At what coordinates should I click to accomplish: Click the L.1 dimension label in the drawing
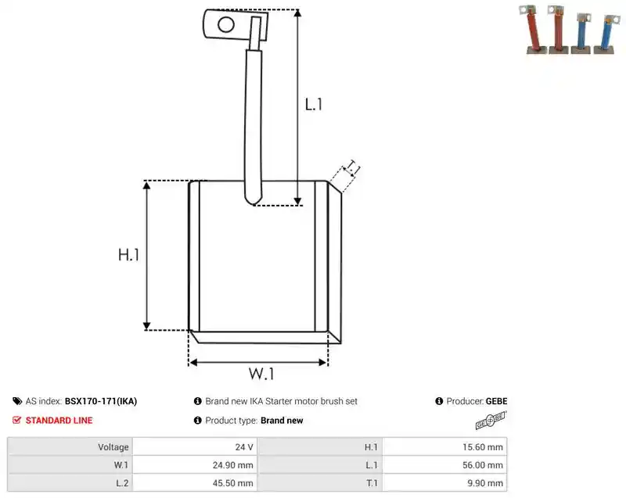tap(314, 105)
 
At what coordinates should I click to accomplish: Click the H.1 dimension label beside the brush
tap(128, 254)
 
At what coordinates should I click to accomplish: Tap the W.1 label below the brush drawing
tap(261, 374)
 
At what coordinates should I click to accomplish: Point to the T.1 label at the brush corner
tap(353, 167)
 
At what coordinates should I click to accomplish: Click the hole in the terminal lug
tap(226, 25)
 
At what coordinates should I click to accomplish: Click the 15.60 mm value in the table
tap(483, 447)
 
